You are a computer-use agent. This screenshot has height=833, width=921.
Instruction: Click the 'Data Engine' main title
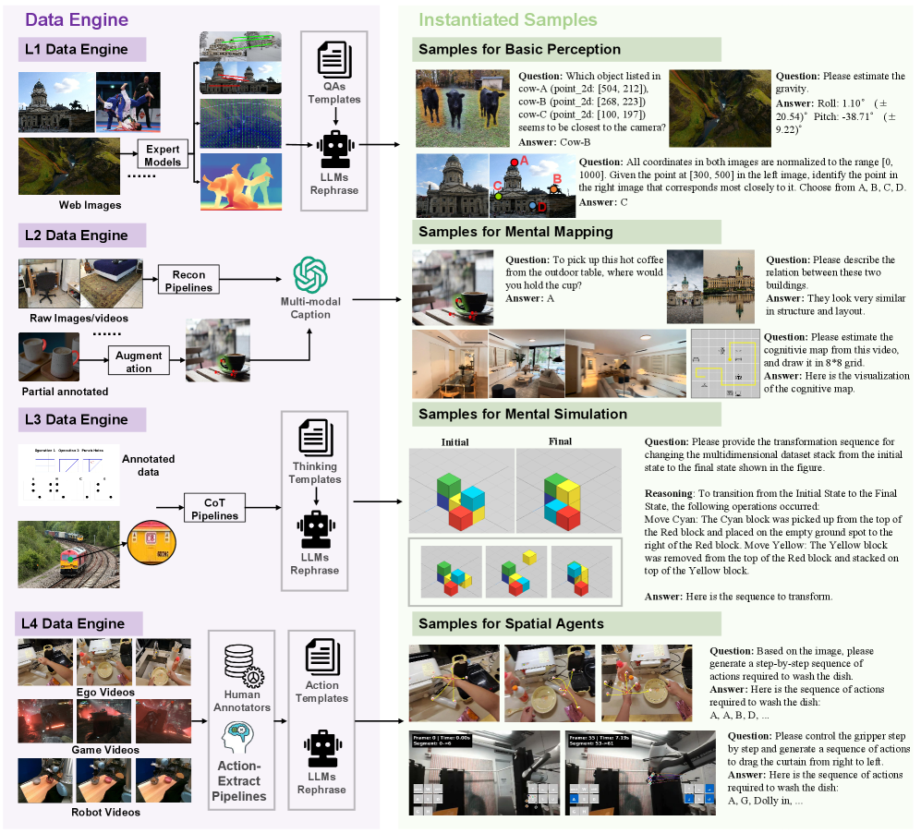click(x=76, y=19)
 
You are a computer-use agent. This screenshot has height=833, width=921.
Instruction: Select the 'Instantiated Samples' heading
click(x=507, y=19)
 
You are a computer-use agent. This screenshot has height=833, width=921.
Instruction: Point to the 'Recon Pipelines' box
click(x=188, y=280)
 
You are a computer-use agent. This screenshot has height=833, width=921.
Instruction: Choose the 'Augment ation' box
click(x=139, y=362)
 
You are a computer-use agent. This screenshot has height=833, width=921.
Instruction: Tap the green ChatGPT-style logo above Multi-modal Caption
click(x=309, y=275)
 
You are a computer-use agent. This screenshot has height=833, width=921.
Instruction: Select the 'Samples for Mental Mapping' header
click(x=515, y=231)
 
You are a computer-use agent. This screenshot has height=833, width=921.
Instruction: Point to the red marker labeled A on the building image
click(x=514, y=163)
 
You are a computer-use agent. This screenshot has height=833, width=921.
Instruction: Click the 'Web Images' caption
click(x=90, y=205)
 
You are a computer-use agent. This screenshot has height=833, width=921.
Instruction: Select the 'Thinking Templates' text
click(x=315, y=472)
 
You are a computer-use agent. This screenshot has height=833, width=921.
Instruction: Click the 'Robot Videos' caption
click(x=106, y=812)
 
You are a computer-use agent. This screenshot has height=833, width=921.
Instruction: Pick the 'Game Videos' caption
click(x=105, y=750)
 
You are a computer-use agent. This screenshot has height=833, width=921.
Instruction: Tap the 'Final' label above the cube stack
click(x=561, y=441)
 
